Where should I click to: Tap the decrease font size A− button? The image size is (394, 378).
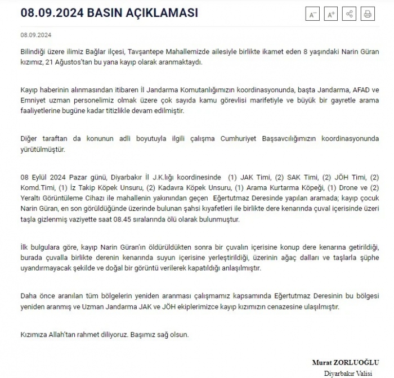click(x=313, y=15)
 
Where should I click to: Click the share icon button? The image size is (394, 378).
click(x=349, y=15)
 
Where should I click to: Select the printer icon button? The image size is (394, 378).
click(x=367, y=15)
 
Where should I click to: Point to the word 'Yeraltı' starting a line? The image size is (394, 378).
click(x=32, y=199)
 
